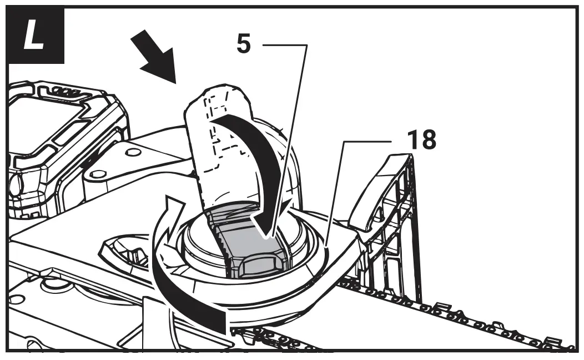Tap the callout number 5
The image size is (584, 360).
pos(243,44)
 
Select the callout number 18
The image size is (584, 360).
pos(421,141)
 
